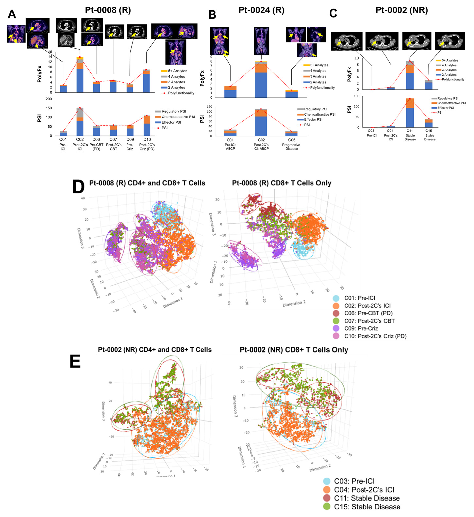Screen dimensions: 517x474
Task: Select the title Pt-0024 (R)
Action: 261,10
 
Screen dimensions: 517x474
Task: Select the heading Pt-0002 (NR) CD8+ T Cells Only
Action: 294,350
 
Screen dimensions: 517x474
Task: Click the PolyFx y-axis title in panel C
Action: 349,74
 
